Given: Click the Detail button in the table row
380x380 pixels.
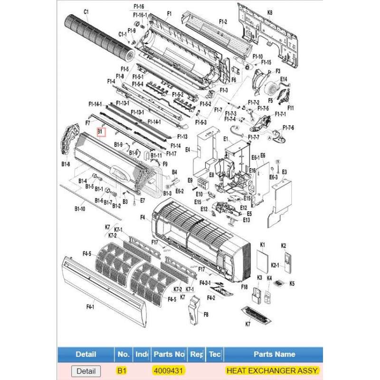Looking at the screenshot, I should pyautogui.click(x=86, y=371).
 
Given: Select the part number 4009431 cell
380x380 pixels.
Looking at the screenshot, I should pyautogui.click(x=169, y=370).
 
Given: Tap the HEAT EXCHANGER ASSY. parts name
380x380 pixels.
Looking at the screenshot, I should pyautogui.click(x=273, y=370).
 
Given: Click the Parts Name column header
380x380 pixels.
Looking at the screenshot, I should pyautogui.click(x=274, y=354).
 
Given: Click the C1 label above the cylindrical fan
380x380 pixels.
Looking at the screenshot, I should pyautogui.click(x=86, y=12).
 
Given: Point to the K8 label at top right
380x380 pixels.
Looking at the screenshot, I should pyautogui.click(x=270, y=13).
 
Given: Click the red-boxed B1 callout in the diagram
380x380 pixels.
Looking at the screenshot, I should pyautogui.click(x=101, y=132).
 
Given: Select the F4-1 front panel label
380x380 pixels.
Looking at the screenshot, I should pyautogui.click(x=90, y=307).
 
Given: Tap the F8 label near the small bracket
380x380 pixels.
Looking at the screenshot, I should pyautogui.click(x=206, y=314).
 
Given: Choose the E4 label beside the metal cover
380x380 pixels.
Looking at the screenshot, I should pyautogui.click(x=188, y=150).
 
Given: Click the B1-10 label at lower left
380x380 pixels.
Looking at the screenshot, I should pyautogui.click(x=79, y=208).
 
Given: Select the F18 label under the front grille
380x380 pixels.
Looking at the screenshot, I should pyautogui.click(x=245, y=287).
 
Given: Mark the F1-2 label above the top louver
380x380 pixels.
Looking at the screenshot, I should pyautogui.click(x=223, y=22).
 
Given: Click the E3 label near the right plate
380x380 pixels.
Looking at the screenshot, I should pyautogui.click(x=285, y=171).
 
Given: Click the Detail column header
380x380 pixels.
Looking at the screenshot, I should pyautogui.click(x=86, y=354).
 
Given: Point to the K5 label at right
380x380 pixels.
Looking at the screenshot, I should pyautogui.click(x=292, y=284).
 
